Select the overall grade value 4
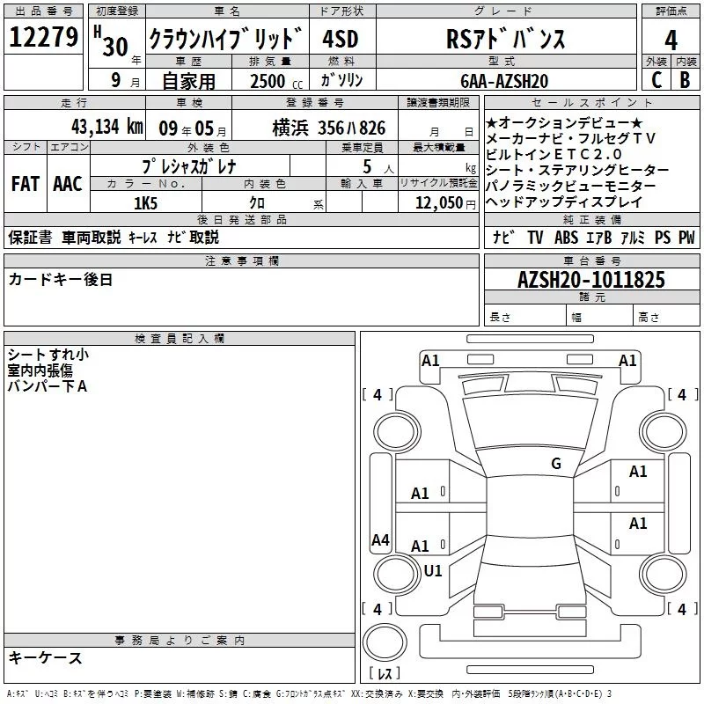pyautogui.click(x=671, y=40)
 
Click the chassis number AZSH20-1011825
pyautogui.click(x=591, y=281)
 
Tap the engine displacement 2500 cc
pyautogui.click(x=269, y=81)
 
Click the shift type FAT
pyautogui.click(x=25, y=183)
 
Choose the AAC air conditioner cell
pyautogui.click(x=68, y=183)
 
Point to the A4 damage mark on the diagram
pyautogui.click(x=380, y=540)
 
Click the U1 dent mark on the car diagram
pyautogui.click(x=433, y=570)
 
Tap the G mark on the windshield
pyautogui.click(x=555, y=464)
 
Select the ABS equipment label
pyautogui.click(x=566, y=238)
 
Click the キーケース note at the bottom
pyautogui.click(x=45, y=658)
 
